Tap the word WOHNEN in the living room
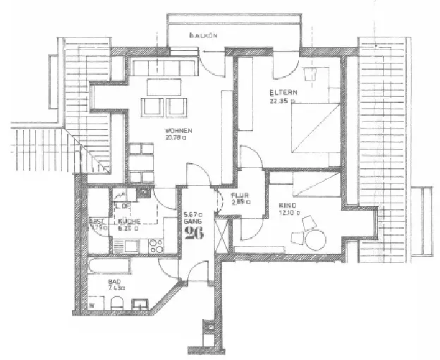click(177, 131)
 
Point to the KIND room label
click(287, 206)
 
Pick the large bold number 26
click(193, 234)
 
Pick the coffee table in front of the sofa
click(164, 88)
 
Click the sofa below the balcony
click(164, 68)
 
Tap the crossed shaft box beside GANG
click(223, 234)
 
